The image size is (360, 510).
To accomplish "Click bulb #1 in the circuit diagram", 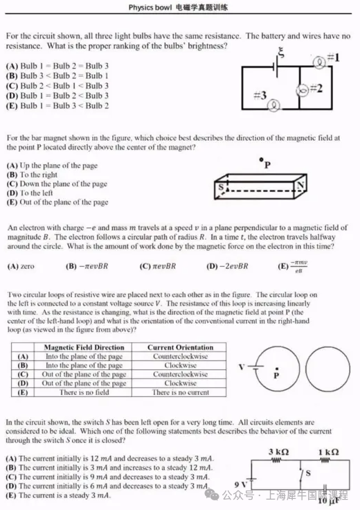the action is coord(320,62).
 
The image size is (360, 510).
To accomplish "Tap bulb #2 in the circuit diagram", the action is coord(302,90).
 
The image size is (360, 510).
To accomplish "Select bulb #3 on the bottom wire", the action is coord(274,105).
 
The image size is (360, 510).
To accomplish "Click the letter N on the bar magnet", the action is coord(300,185).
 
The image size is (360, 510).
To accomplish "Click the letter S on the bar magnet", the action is coord(222,186).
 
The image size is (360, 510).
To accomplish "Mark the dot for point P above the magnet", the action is coord(261,159).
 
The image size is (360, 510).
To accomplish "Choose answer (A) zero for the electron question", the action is coord(21,266).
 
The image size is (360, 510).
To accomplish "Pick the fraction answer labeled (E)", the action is coord(293,266).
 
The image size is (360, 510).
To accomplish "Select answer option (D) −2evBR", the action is coord(227,266).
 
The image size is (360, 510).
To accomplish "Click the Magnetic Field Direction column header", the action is coord(84,347).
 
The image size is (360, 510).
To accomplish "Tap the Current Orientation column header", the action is coord(180,347).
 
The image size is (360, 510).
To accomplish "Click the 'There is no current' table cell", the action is coord(180,392).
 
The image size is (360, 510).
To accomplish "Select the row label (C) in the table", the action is coord(23,374).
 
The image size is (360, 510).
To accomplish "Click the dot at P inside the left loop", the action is coord(277,369).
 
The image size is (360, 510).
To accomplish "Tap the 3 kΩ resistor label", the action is coord(278,452).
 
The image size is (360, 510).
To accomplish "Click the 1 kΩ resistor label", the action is coord(328,452).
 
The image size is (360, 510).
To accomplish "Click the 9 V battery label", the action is coord(240,484).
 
